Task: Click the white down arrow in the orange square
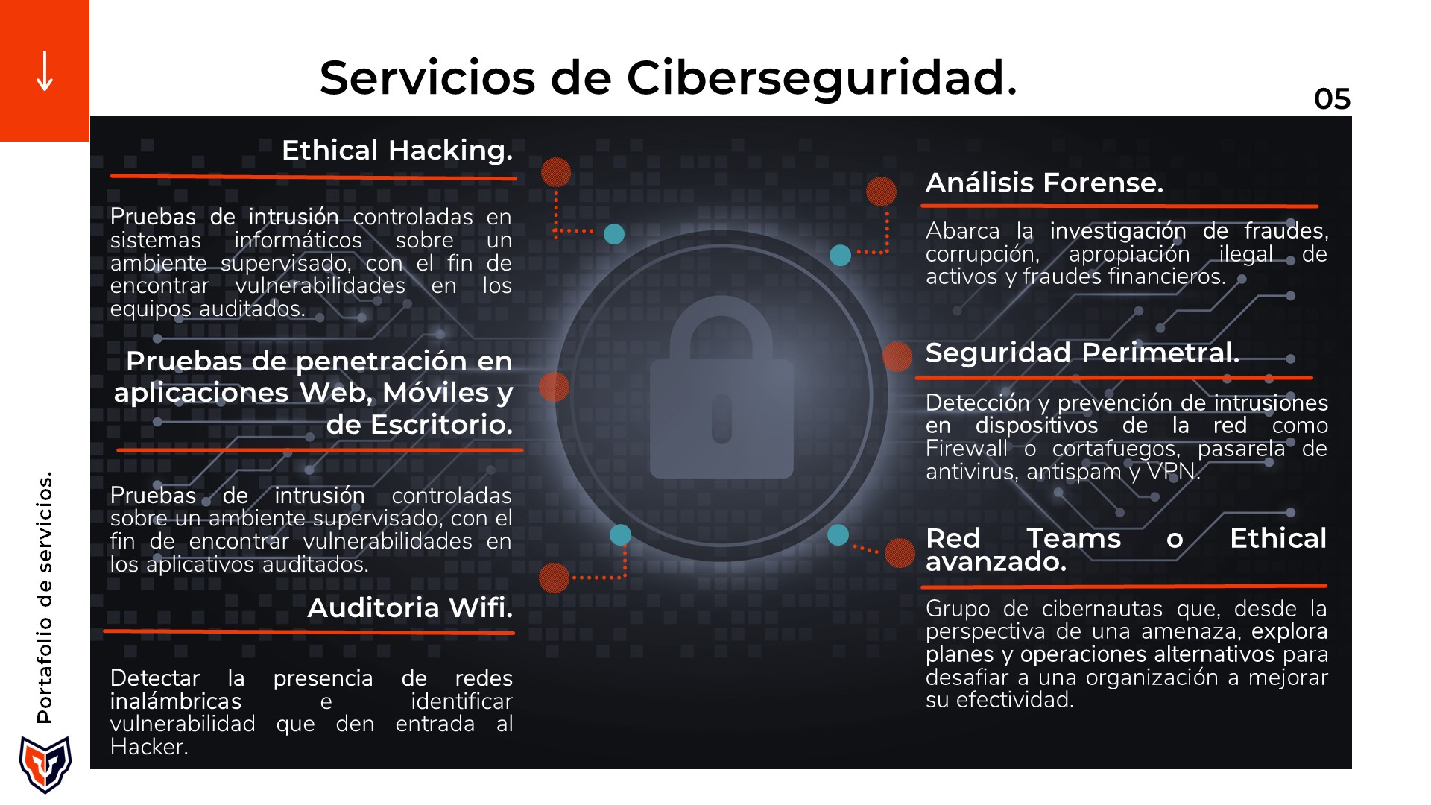coord(45,71)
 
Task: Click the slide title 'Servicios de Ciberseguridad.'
coord(669,78)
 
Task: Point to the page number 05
coord(1333,99)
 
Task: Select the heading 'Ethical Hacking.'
coord(397,151)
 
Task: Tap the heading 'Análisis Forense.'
coord(1044,183)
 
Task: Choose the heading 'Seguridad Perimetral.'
coord(1082,353)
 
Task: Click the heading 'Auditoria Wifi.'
coord(411,608)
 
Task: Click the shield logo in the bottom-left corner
coord(45,764)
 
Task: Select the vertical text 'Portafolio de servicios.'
coord(45,597)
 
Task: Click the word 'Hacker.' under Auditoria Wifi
coord(149,747)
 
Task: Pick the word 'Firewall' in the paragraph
coord(967,449)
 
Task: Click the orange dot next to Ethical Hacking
coord(556,172)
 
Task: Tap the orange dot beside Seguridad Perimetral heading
coord(897,357)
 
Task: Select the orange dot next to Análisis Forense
coord(881,192)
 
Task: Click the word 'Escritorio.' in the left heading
coord(420,425)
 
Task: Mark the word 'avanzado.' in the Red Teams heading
coord(996,562)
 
